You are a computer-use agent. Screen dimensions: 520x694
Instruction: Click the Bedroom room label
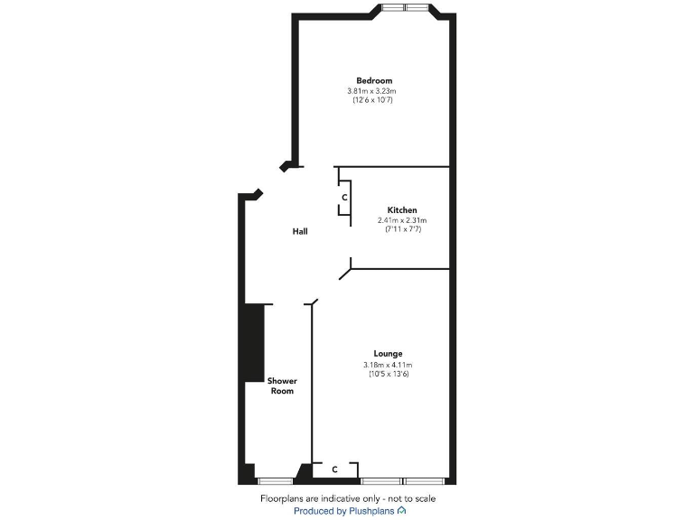tap(373, 81)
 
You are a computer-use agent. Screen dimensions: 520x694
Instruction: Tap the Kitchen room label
tap(402, 210)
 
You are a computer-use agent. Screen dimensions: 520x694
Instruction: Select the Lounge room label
tap(388, 353)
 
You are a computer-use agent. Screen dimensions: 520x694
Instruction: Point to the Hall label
tap(300, 232)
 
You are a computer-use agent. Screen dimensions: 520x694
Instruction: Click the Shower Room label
tap(282, 385)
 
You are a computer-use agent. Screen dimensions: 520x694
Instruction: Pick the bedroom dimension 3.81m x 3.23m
tap(372, 91)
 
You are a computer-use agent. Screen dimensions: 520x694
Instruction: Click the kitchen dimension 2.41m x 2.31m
tap(402, 220)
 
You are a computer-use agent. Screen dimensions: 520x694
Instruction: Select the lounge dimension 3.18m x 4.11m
tap(388, 364)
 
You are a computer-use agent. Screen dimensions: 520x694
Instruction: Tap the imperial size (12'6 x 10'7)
tap(372, 100)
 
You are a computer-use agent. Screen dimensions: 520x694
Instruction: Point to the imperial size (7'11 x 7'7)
tap(402, 229)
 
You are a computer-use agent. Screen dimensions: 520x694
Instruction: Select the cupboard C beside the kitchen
tap(344, 197)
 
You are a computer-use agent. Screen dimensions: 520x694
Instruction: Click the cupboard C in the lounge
tap(334, 469)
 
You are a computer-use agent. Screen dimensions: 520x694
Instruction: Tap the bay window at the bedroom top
tap(404, 8)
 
